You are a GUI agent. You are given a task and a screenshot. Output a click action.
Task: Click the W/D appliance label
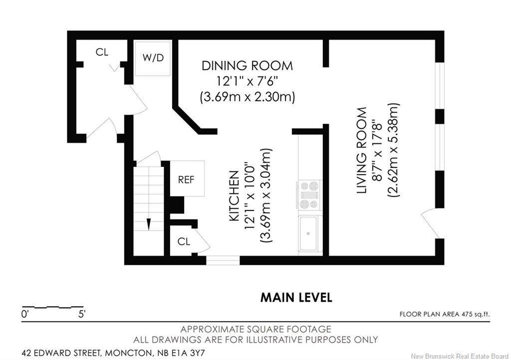(153, 58)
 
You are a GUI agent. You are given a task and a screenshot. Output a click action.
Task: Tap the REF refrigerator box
(187, 179)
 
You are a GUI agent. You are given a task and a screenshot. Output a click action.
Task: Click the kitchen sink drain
(307, 233)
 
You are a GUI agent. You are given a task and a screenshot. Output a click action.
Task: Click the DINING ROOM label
(247, 66)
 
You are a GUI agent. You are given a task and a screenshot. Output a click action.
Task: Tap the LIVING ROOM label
(362, 151)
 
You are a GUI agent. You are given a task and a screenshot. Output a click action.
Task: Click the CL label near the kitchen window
(184, 241)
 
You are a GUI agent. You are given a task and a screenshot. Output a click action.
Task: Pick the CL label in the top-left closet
(102, 52)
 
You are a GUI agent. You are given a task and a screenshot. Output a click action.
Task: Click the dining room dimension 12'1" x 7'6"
(247, 81)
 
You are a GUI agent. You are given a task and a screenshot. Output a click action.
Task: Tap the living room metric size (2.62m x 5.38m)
(393, 151)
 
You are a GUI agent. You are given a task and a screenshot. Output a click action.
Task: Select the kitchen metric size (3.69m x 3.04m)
(265, 195)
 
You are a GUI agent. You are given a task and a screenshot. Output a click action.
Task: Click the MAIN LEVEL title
(296, 298)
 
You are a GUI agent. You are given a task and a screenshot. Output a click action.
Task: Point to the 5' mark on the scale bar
(81, 315)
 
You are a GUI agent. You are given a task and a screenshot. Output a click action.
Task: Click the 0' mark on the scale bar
(25, 315)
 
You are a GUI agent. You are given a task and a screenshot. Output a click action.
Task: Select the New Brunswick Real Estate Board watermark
(460, 356)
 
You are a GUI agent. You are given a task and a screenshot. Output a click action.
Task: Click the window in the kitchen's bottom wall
(223, 260)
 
